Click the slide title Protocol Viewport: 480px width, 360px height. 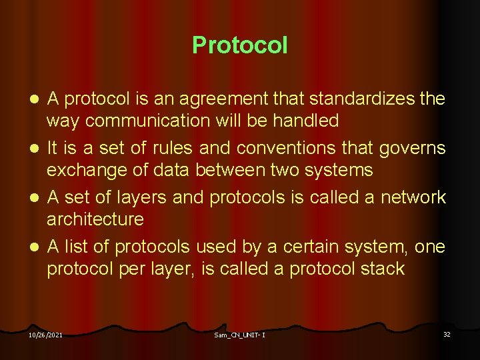click(x=240, y=45)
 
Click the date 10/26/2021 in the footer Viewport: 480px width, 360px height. click(x=45, y=335)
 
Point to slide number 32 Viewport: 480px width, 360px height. click(x=447, y=334)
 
